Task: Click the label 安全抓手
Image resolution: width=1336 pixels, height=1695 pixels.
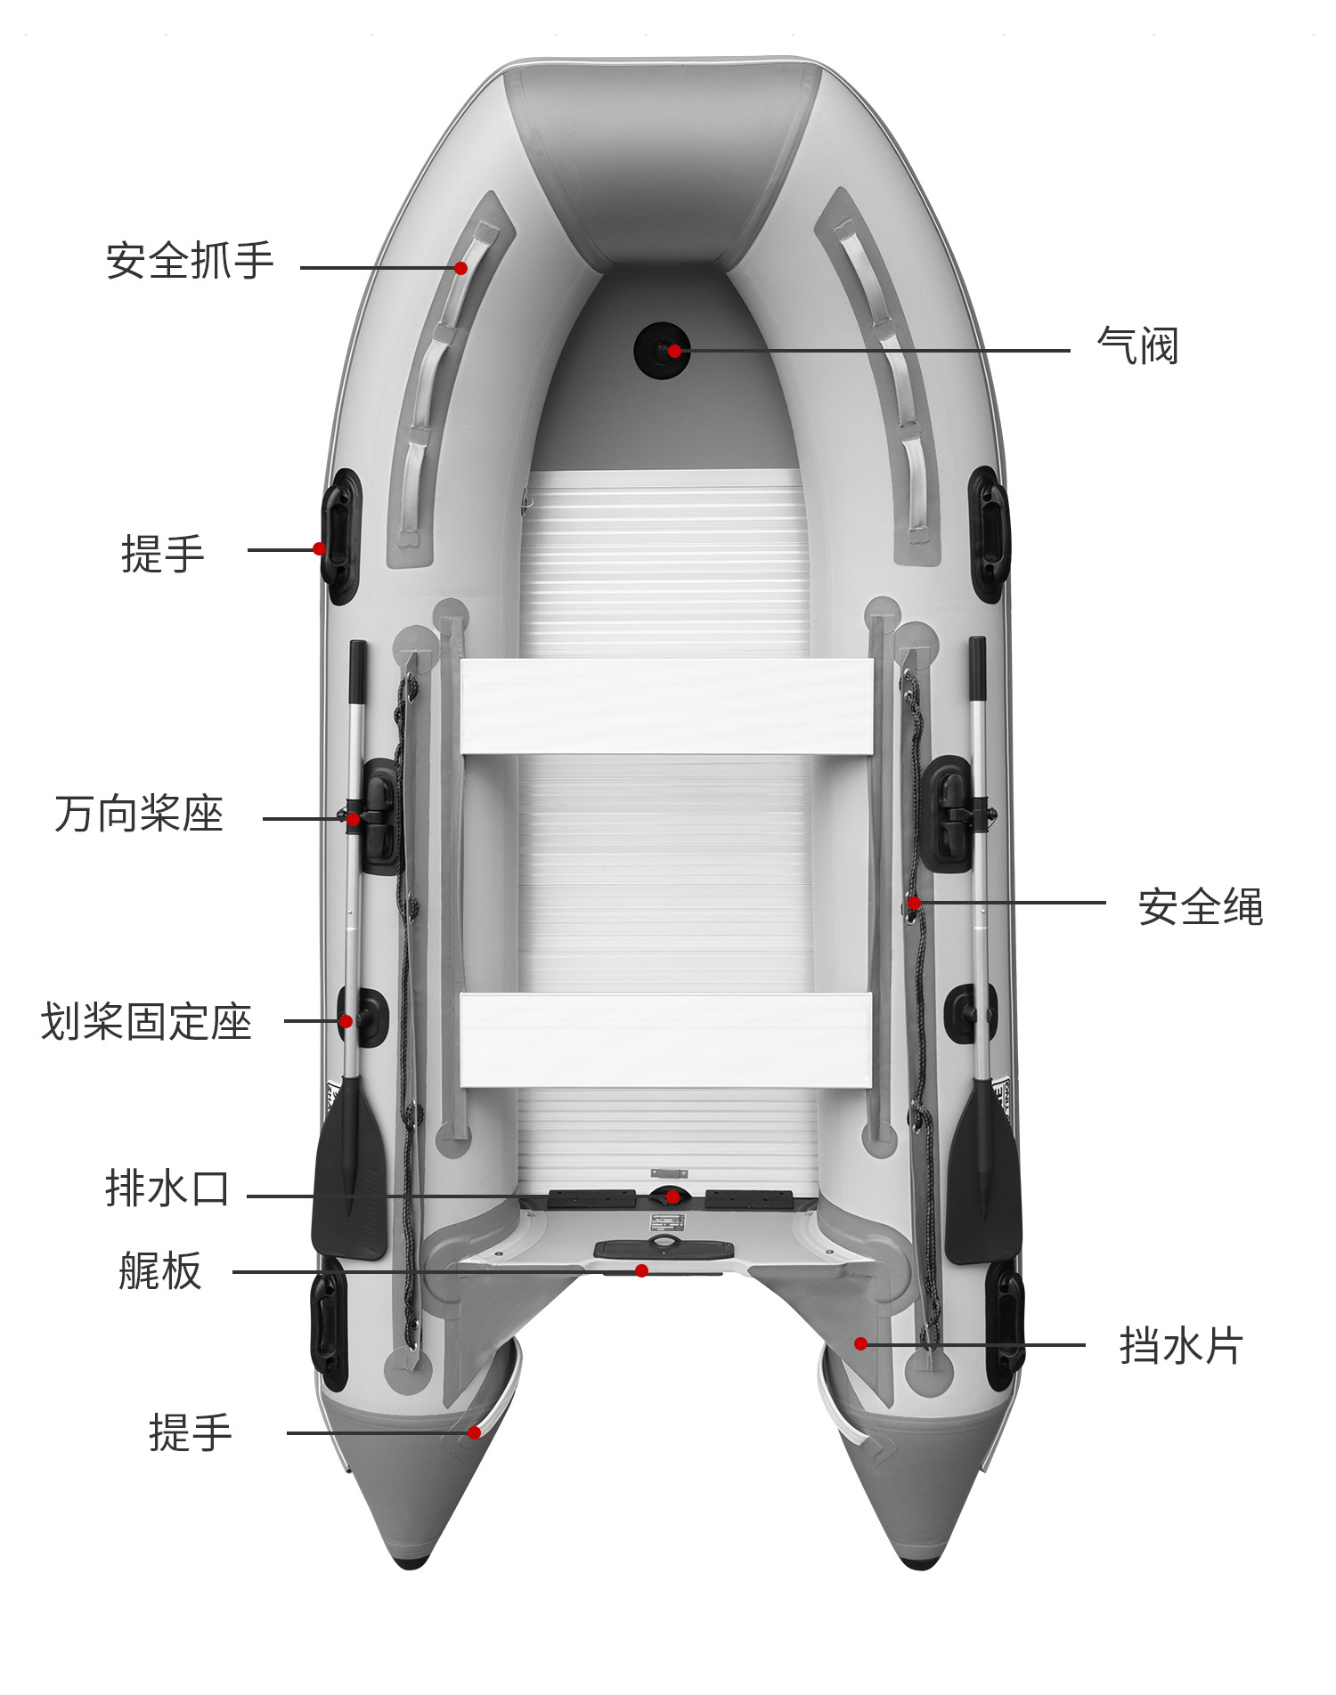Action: tap(190, 262)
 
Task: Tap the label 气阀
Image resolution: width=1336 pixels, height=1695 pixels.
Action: tap(1137, 346)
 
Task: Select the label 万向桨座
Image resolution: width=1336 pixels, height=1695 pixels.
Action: tap(139, 815)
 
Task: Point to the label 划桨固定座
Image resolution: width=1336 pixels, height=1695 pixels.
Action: tap(147, 1022)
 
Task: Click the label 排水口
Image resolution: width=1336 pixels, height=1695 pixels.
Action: tap(167, 1189)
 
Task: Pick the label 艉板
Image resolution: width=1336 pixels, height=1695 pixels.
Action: tap(160, 1271)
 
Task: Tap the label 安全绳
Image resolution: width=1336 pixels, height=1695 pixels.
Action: tap(1200, 907)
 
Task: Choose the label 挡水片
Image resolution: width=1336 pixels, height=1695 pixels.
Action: tap(1180, 1346)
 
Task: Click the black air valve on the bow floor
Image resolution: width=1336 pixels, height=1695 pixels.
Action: tap(660, 351)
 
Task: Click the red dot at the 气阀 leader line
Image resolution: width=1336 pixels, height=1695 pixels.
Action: tap(674, 351)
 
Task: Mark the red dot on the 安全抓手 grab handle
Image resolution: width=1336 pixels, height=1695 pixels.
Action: tap(460, 268)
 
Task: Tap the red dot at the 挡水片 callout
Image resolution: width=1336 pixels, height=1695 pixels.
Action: tap(860, 1343)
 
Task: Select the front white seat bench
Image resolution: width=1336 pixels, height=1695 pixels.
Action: tap(666, 707)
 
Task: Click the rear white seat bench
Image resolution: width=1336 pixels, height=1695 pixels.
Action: tap(665, 1040)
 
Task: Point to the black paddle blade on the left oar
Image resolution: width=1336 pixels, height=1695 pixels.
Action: tap(349, 1175)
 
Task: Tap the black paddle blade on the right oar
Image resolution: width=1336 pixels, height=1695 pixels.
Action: tap(983, 1180)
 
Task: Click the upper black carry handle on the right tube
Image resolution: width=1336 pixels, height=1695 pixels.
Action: tap(990, 534)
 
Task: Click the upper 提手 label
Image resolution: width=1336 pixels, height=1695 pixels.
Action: tap(163, 555)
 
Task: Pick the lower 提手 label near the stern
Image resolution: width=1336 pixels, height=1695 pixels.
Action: tap(191, 1433)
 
